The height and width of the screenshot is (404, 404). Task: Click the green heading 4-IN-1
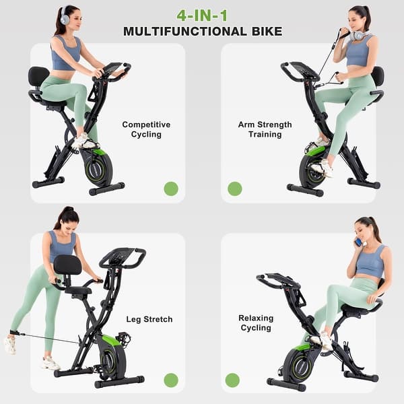click(203, 15)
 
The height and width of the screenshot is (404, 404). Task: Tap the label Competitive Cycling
click(146, 129)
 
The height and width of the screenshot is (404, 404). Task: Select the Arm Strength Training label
click(265, 129)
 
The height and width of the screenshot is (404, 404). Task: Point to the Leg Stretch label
click(149, 319)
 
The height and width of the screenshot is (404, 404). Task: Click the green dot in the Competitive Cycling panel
click(171, 189)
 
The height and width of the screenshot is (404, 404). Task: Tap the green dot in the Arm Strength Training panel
click(234, 189)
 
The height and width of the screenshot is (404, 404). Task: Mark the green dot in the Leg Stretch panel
click(171, 380)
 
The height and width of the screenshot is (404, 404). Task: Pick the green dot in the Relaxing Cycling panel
click(232, 380)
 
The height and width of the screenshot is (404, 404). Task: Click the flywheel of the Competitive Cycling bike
click(98, 168)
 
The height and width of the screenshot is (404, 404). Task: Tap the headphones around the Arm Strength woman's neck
click(362, 35)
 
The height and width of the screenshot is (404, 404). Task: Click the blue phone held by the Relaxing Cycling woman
click(358, 241)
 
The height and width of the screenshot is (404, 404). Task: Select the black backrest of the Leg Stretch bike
click(67, 265)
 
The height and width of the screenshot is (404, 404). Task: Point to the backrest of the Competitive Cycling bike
click(38, 77)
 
